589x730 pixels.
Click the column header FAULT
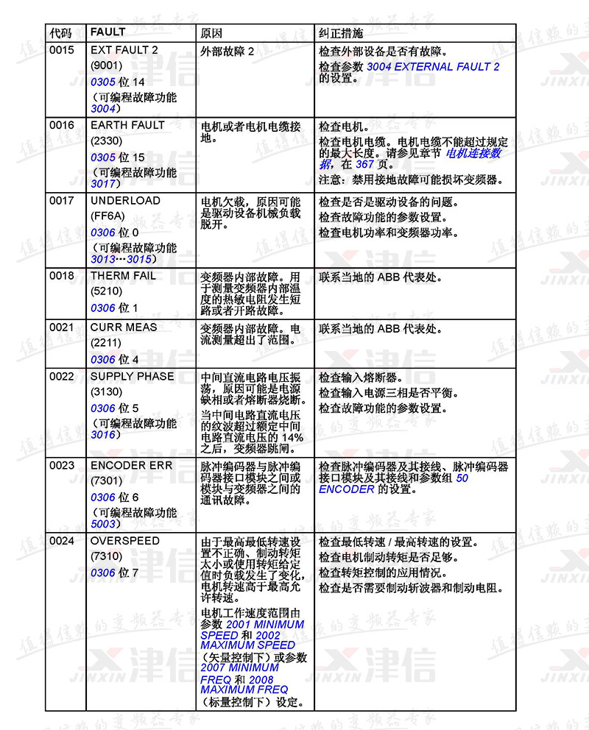pos(107,32)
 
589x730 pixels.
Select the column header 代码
pos(61,33)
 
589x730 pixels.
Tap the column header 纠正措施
pos(340,33)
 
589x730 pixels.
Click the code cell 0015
pos(62,50)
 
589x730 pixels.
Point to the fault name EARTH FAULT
pos(127,125)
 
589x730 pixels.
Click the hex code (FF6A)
pos(107,216)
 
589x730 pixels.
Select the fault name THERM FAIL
pos(123,276)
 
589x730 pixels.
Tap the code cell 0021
pos(62,327)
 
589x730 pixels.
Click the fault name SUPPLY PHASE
pos(132,376)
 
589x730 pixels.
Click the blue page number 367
pos(365,164)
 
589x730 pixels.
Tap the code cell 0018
pos(62,276)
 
